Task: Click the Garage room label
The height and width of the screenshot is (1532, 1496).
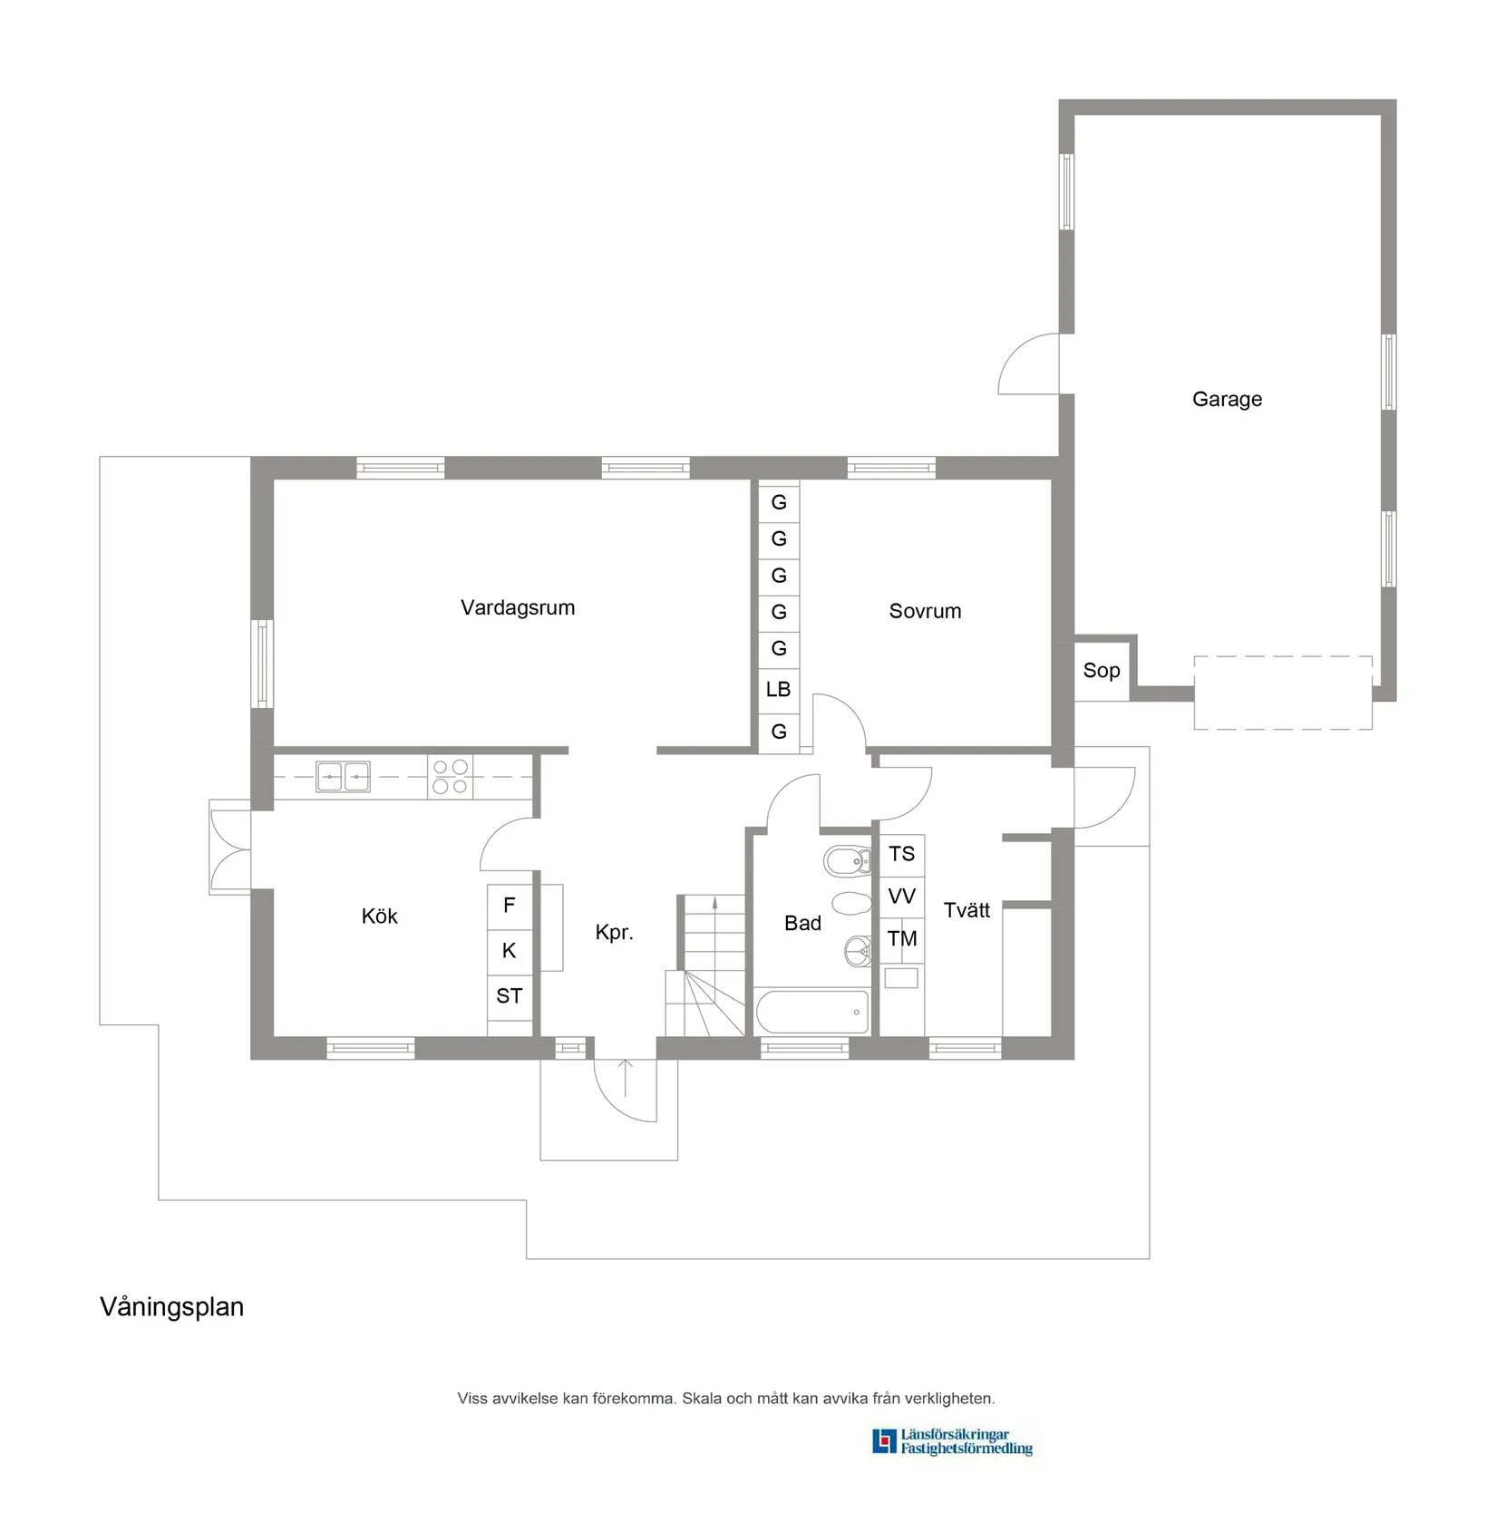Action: click(1227, 399)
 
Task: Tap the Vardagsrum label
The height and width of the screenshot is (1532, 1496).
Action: click(518, 607)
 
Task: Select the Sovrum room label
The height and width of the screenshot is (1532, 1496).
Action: click(925, 611)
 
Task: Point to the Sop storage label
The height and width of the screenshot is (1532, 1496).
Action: click(1102, 671)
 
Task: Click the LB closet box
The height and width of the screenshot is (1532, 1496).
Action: click(779, 689)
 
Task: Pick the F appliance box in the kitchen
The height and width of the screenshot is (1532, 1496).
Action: click(510, 905)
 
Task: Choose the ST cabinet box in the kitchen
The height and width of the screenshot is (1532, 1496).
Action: click(510, 996)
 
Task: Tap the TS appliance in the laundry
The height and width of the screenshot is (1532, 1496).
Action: click(902, 854)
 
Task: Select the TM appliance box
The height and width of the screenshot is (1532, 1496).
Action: click(902, 939)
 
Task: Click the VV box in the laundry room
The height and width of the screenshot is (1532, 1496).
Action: click(902, 897)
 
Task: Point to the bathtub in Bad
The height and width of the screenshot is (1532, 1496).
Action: click(812, 1012)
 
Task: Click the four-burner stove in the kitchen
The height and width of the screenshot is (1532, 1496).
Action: click(450, 777)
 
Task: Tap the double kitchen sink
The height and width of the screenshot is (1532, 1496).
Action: click(343, 777)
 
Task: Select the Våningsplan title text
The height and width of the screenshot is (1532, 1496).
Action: click(172, 1307)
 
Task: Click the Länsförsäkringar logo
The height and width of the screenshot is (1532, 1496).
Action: click(952, 1441)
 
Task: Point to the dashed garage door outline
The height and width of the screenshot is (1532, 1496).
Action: click(1282, 693)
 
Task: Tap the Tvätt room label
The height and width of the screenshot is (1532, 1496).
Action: click(967, 910)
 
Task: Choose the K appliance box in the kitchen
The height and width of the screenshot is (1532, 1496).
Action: click(510, 950)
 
